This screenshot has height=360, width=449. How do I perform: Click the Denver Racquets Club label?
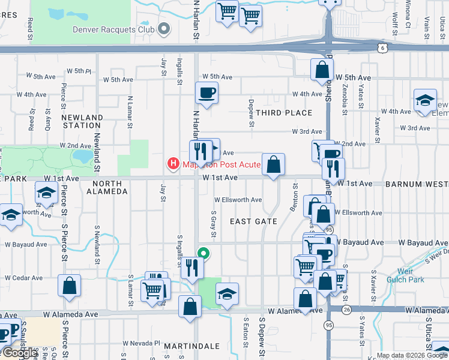pyautogui.click(x=112, y=29)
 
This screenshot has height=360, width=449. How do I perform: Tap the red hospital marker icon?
pyautogui.click(x=173, y=163)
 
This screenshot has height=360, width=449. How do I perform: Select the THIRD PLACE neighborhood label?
pyautogui.click(x=284, y=113)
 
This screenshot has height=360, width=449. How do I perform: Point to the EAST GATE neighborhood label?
pyautogui.click(x=254, y=221)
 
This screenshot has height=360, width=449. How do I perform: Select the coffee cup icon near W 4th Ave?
pyautogui.click(x=206, y=93)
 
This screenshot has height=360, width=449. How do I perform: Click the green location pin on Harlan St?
pyautogui.click(x=203, y=253)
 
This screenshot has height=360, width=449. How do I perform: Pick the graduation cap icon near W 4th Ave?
pyautogui.click(x=424, y=100)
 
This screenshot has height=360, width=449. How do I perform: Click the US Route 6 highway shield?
pyautogui.click(x=382, y=47)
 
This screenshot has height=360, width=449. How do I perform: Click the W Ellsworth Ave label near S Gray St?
pyautogui.click(x=238, y=200)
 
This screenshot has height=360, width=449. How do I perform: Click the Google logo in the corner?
pyautogui.click(x=19, y=353)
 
